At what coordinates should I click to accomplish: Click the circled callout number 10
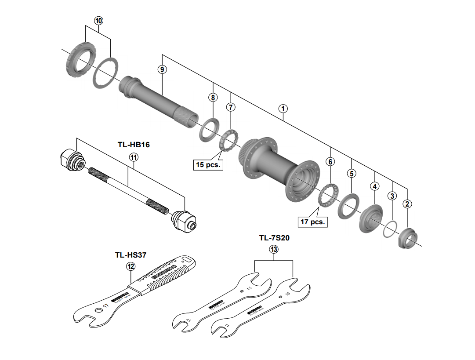[x=98, y=21]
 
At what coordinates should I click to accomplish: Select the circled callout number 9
[x=162, y=69]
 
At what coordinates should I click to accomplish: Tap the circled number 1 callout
[x=283, y=107]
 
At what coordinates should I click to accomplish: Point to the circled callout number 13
[x=274, y=250]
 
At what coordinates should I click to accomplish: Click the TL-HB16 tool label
[x=134, y=145]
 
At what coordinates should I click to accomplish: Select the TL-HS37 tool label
[x=131, y=254]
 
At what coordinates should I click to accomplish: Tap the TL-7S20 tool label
[x=274, y=238]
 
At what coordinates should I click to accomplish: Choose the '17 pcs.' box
[x=313, y=222]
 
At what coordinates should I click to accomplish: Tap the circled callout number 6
[x=330, y=161]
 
